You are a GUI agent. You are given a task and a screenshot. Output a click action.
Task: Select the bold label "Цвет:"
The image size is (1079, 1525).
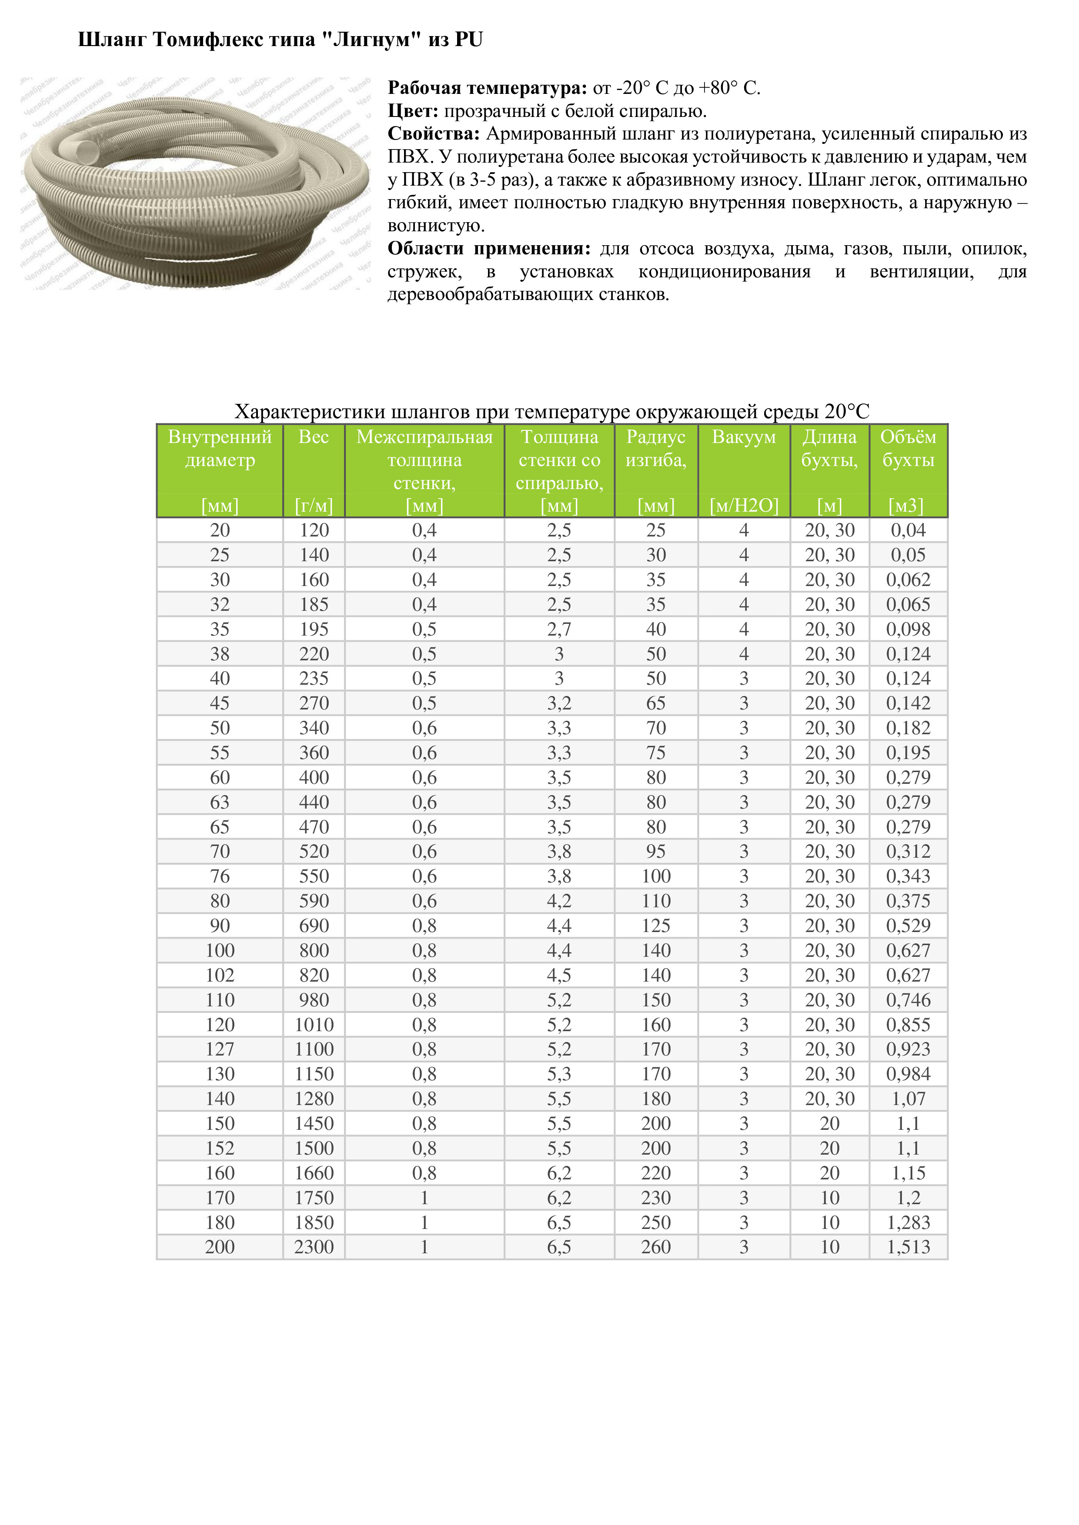413,111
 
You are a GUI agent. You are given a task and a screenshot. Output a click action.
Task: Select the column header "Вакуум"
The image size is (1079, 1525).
744,437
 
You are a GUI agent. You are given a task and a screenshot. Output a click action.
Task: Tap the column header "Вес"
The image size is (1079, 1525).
314,437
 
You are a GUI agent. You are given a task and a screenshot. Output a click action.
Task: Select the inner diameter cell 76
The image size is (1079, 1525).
220,876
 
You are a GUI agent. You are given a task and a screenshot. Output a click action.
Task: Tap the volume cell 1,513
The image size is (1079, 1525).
908,1247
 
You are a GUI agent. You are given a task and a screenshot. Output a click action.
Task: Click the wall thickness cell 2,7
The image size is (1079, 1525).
559,629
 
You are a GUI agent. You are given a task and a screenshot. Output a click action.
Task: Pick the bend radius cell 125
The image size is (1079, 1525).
656,925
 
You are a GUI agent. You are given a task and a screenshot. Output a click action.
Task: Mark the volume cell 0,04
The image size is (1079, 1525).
908,530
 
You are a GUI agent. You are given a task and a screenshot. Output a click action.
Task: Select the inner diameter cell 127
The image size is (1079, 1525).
220,1049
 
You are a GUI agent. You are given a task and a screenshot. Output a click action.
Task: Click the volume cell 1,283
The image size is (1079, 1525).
908,1222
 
